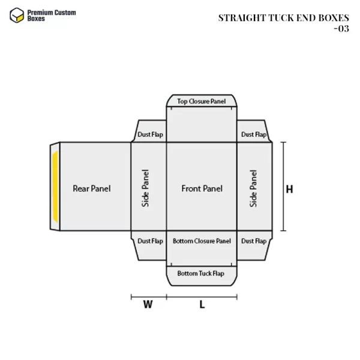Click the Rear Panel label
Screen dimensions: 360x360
pos(92,188)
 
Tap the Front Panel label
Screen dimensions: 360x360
pos(202,188)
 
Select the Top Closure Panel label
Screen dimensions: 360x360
pos(202,101)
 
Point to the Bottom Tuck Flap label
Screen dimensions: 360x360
pos(200,274)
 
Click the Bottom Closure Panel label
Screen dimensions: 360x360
pos(202,241)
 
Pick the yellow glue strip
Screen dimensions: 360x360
pos(55,187)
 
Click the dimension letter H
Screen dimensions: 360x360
pos(290,190)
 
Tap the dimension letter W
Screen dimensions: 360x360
pos(148,304)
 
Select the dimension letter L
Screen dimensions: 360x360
pos(202,305)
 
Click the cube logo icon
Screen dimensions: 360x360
pos(17,16)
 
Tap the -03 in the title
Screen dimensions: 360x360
pos(341,29)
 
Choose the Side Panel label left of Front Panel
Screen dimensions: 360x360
pos(145,188)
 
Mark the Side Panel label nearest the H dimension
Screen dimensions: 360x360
pos(253,188)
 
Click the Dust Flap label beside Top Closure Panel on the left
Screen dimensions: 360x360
pos(150,134)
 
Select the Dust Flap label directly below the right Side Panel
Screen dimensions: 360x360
pos(254,241)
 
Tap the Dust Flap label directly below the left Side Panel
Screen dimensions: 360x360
pos(150,241)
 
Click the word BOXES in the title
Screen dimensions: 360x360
pos(334,18)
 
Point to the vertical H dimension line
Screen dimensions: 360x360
pos(284,187)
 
